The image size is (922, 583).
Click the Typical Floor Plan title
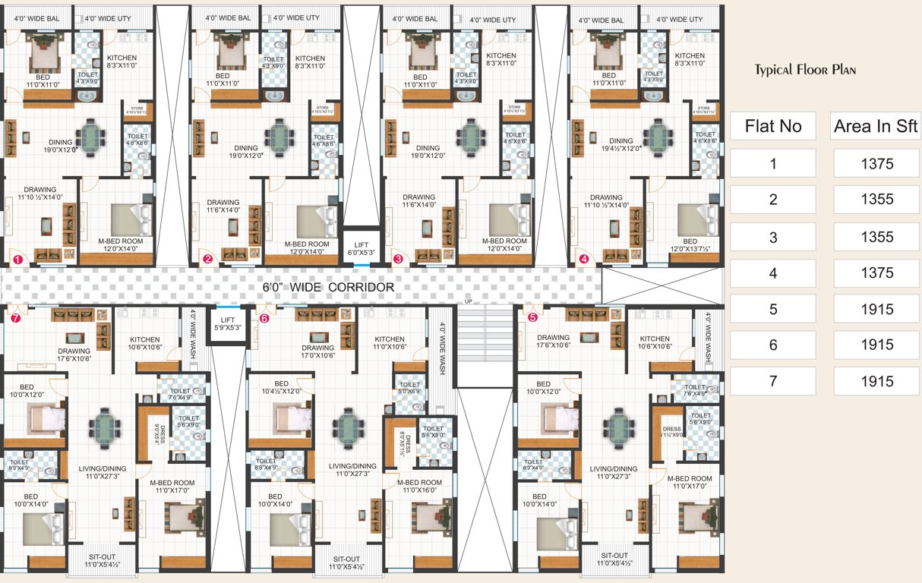[x=805, y=71]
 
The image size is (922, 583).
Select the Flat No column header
[x=773, y=126]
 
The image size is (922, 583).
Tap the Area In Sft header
[x=876, y=126]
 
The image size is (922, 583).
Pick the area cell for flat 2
[x=876, y=200]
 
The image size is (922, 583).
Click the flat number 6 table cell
[x=773, y=345]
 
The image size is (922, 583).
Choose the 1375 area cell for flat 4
[x=876, y=273]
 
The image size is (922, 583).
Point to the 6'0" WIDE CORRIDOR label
[x=328, y=288]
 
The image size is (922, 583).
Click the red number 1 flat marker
[x=17, y=260]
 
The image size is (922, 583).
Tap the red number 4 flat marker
[x=584, y=259]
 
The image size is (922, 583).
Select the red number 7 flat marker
[x=16, y=319]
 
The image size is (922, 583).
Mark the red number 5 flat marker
[x=532, y=318]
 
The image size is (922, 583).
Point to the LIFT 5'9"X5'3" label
[x=228, y=324]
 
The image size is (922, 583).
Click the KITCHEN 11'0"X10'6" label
[x=390, y=343]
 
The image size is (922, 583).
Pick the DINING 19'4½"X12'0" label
[x=620, y=145]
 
